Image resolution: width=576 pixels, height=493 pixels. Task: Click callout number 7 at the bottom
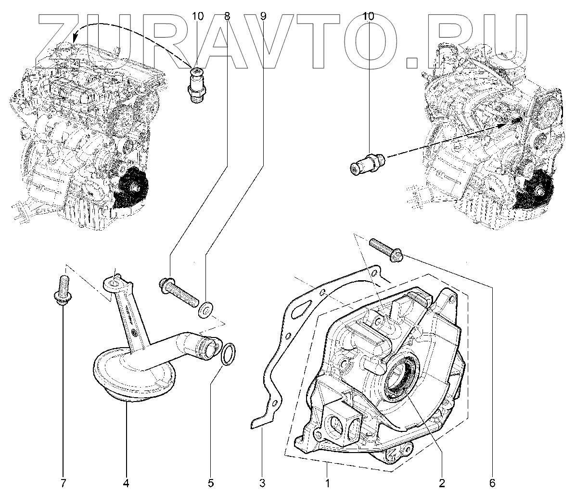64,482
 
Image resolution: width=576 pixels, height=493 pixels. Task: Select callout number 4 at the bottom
127,482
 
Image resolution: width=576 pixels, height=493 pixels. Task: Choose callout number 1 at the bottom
328,482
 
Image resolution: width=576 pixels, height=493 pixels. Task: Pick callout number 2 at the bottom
442,482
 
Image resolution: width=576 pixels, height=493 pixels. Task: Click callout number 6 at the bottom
492,482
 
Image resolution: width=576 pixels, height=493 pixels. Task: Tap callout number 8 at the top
227,16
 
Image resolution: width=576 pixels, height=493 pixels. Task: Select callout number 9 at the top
263,16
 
